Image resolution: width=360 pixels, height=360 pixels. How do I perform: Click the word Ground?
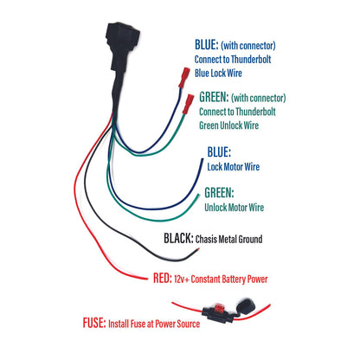point(267,239)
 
